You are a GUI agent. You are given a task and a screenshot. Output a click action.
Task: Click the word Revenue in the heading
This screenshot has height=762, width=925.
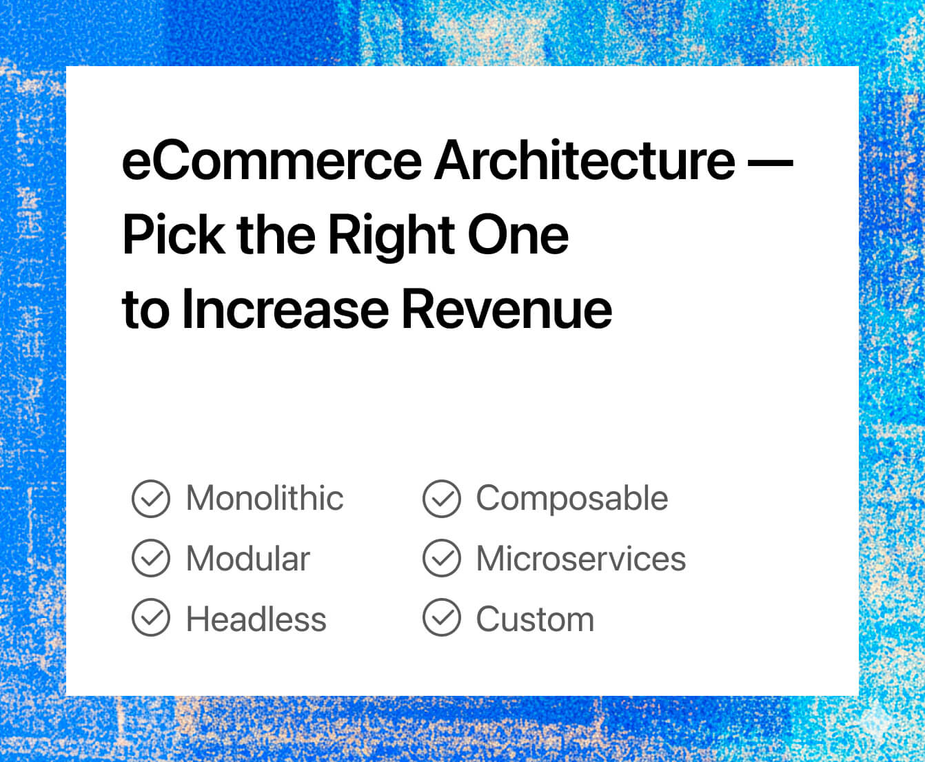[507, 309]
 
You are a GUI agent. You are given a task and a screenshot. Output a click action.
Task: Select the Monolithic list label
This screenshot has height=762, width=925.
[265, 498]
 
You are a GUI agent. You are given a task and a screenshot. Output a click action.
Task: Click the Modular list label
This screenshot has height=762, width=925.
[248, 559]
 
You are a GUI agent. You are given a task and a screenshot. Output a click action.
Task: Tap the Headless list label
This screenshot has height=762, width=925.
[256, 619]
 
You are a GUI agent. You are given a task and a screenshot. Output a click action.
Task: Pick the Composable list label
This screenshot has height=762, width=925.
[572, 499]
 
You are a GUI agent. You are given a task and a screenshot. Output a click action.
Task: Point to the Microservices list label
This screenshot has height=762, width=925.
[581, 559]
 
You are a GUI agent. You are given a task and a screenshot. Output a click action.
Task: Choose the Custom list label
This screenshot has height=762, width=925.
[535, 619]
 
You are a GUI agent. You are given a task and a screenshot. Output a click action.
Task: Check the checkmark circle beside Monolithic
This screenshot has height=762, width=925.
[151, 499]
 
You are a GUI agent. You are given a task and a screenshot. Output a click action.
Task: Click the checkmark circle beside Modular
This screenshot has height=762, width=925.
[151, 558]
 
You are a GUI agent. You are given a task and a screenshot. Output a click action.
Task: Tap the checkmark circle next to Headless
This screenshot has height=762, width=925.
[151, 617]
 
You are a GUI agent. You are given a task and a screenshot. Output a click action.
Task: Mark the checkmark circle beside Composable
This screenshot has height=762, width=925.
[441, 499]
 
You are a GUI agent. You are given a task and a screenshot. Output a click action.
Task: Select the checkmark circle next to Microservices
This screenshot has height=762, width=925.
[441, 558]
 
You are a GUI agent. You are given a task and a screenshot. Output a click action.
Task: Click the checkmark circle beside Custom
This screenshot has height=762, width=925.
[441, 617]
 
